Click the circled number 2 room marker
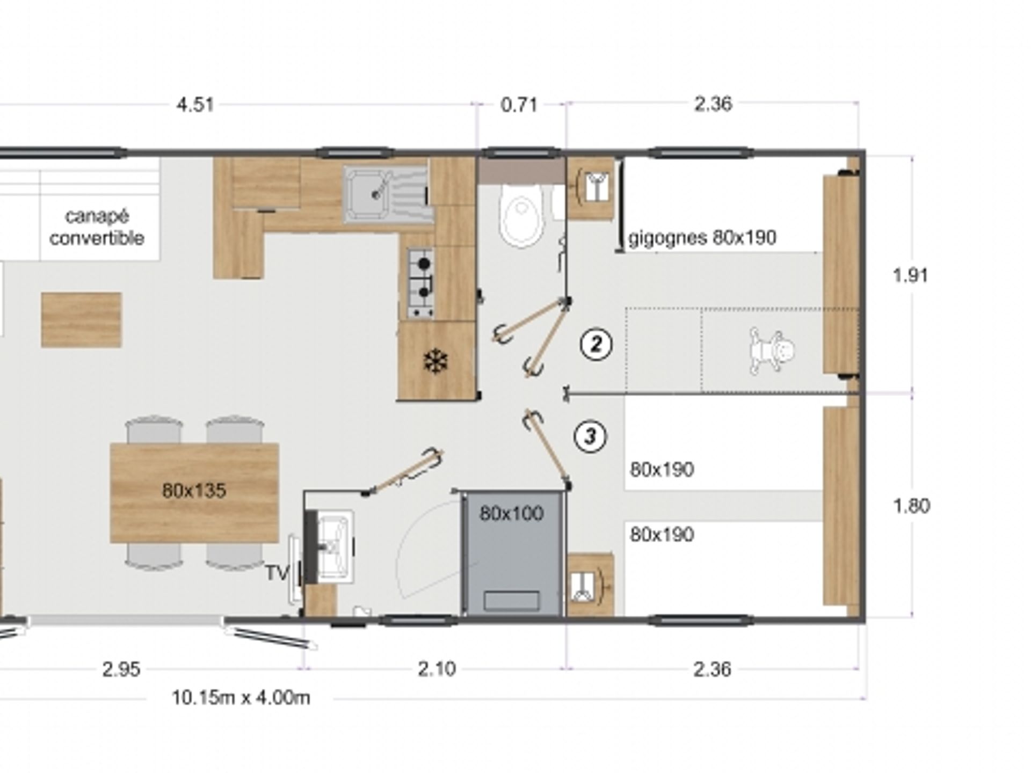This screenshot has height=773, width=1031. tap(596, 344)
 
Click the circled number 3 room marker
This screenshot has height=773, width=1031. tap(590, 436)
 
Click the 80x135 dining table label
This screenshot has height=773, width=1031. tap(194, 490)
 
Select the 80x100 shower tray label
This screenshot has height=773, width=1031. tap(511, 513)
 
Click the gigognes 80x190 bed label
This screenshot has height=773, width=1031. tap(702, 237)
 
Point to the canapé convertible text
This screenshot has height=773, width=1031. tap(97, 227)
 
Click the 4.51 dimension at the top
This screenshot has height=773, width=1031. tap(195, 104)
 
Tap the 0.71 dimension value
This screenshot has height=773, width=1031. tap(519, 104)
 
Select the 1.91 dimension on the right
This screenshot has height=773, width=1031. tap(910, 275)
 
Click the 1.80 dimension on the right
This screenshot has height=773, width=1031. tap(911, 506)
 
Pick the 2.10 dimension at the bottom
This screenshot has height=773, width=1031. tap(437, 669)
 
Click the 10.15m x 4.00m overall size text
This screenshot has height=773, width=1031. tap(241, 698)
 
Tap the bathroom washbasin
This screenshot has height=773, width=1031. tap(334, 546)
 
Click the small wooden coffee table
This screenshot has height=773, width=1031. tap(82, 320)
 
